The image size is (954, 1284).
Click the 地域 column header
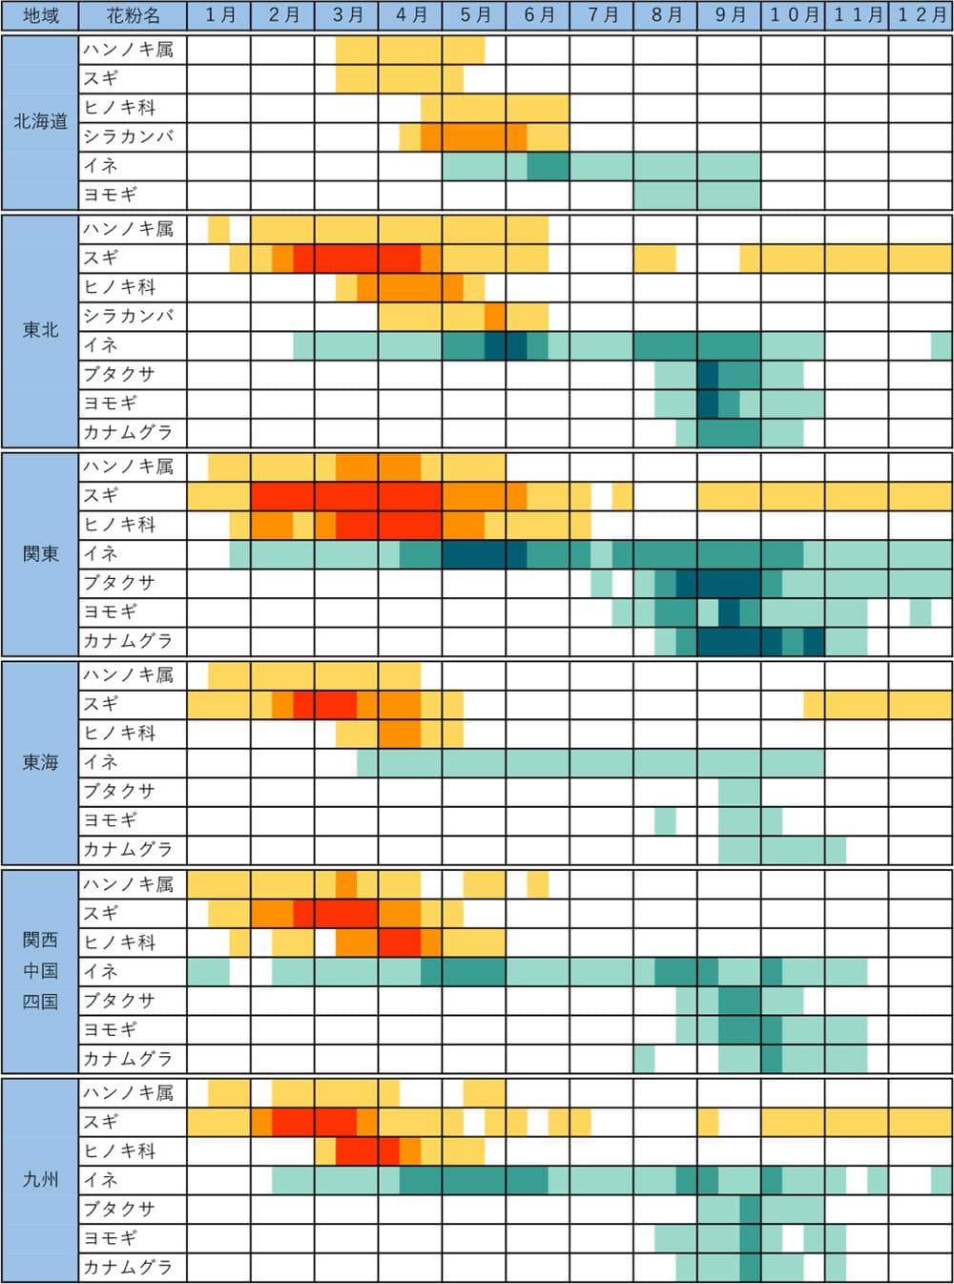[x=40, y=16]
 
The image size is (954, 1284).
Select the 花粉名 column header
[x=133, y=16]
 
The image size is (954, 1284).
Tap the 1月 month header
[x=219, y=16]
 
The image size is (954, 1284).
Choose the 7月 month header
[x=602, y=16]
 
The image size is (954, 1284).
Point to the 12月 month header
[x=921, y=16]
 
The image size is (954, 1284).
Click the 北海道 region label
[x=40, y=121]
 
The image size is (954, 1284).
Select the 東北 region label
[x=40, y=330]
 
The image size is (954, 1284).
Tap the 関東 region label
[x=40, y=554]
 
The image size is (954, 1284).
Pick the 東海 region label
[x=40, y=762]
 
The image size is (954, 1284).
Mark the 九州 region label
[x=40, y=1180]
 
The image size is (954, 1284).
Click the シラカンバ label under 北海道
[x=128, y=136]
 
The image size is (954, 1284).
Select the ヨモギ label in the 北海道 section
[x=111, y=195]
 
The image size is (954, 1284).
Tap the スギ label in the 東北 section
[x=101, y=258]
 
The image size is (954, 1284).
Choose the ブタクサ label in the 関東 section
[x=119, y=583]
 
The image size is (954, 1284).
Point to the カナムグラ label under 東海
[x=128, y=849]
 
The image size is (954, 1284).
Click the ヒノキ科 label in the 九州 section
[x=119, y=1150]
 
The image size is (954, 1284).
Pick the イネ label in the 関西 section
[x=101, y=971]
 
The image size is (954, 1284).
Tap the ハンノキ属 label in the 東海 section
[x=128, y=675]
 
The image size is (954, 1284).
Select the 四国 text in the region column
[x=40, y=1002]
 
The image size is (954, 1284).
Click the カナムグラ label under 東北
[x=128, y=432]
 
